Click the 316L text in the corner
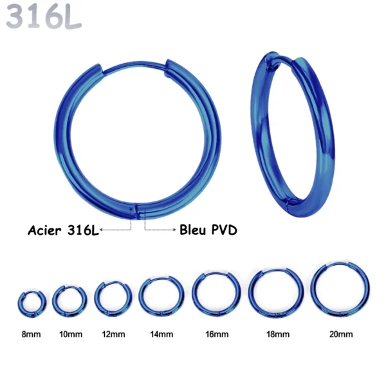pos(44,17)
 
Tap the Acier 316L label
pos(63,230)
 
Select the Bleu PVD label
pos(208,230)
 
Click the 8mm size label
pos(31,334)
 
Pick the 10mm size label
pos(70,334)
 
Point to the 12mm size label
pos(114,334)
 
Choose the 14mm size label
pos(161,334)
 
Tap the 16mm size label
pos(216,334)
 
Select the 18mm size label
pos(276,334)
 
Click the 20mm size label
pos(340,334)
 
